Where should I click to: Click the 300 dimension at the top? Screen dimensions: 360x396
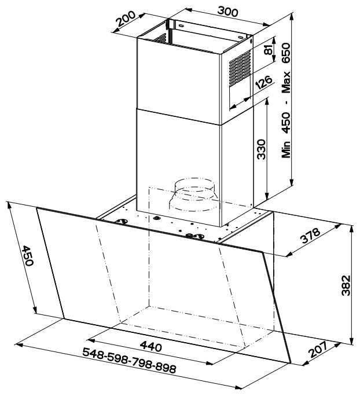(227, 12)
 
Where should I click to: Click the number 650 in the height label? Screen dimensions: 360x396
(286, 53)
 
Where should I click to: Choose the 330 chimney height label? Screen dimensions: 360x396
(261, 149)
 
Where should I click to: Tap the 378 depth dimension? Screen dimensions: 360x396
(310, 236)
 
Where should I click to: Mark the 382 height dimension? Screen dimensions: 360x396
(346, 285)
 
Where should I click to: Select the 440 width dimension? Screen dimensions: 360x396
(151, 346)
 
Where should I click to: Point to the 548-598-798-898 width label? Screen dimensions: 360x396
(129, 360)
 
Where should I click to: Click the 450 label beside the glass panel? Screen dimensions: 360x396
(27, 255)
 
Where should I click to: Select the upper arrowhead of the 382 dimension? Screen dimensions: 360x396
(351, 229)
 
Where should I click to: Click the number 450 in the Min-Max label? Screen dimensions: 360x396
(286, 123)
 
